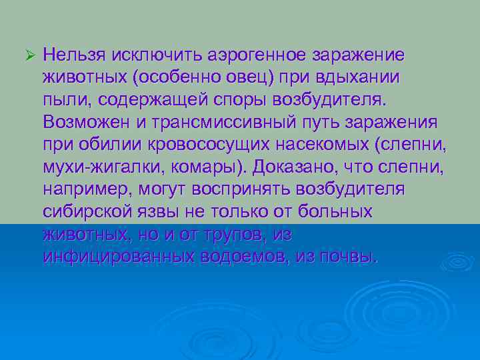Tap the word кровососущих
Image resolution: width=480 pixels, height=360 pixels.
point(234,145)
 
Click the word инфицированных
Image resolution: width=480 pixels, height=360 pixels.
point(117,257)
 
